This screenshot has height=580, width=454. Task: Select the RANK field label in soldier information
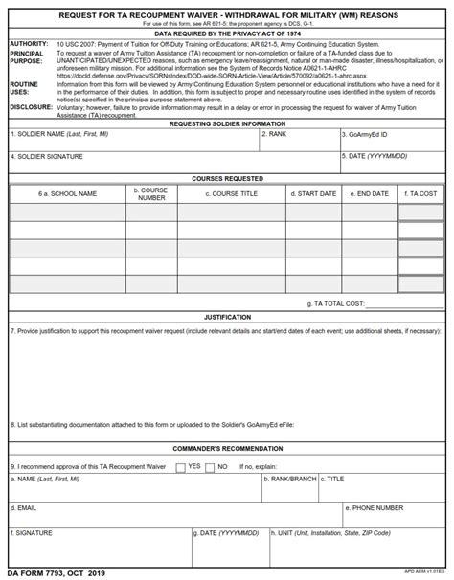276,135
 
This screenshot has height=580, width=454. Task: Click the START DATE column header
313,194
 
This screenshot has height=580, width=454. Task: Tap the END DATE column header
370,194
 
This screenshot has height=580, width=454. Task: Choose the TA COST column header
420,194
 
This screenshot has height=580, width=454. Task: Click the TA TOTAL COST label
335,303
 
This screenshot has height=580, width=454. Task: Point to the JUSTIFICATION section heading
227,317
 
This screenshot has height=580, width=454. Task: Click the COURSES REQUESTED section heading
227,179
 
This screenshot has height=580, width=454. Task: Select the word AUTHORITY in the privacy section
28,44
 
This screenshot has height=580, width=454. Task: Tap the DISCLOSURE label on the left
31,107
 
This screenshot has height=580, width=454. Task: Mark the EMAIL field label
25,508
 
